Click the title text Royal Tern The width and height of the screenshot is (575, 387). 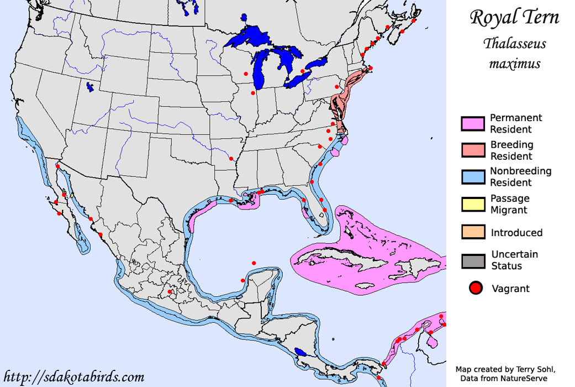[514, 17]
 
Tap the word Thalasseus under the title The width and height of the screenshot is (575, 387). [514, 44]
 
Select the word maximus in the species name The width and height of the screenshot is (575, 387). [514, 64]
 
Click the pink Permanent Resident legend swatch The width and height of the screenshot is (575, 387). [472, 124]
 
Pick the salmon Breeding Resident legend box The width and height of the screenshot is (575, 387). [472, 150]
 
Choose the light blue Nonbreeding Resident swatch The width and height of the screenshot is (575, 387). [472, 177]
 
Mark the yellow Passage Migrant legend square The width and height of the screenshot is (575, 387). [472, 204]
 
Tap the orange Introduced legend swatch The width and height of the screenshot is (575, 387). [472, 233]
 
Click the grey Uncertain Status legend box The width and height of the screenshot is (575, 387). [472, 260]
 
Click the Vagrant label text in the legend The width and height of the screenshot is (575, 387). [510, 289]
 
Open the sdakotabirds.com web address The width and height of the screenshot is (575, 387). [73, 377]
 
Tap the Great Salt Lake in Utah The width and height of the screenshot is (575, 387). [90, 87]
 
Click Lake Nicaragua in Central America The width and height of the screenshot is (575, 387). [301, 352]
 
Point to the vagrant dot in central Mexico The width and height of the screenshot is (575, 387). [170, 291]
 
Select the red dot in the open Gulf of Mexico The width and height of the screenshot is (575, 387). [254, 263]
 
